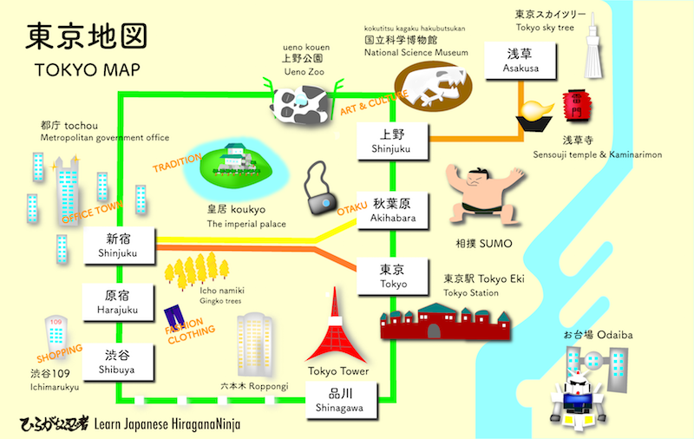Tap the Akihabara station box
[x=394, y=210]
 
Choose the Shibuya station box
[x=120, y=363]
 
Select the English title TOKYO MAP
[x=84, y=69]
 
